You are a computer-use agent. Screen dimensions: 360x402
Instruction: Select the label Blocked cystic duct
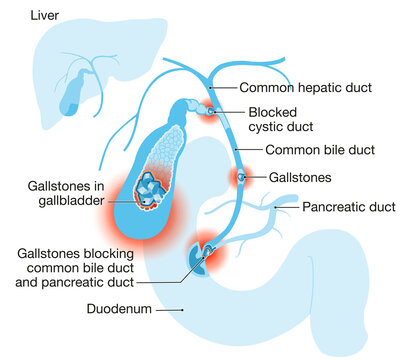tap(281, 119)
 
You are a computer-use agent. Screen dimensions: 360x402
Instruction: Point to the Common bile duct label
tap(320, 150)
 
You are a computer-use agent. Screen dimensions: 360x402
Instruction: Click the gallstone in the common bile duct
tap(240, 178)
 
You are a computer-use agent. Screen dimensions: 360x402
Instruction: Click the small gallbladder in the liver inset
tap(71, 92)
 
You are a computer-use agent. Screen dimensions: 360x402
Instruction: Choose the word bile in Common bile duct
tap(330, 150)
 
